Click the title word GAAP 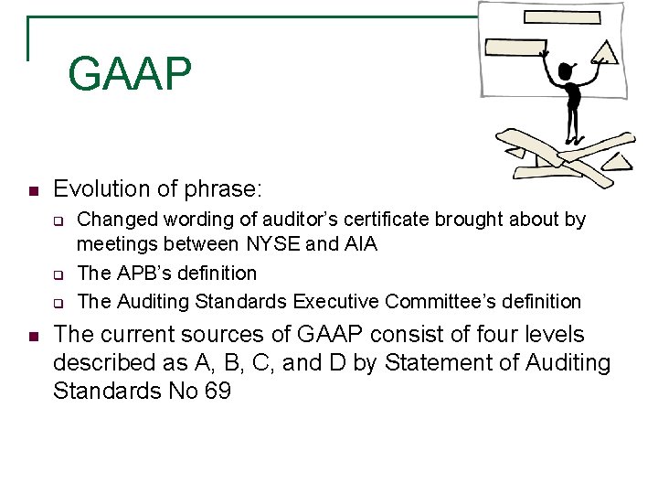130,74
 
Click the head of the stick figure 566,71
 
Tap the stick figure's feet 573,140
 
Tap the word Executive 335,301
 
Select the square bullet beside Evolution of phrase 32,191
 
